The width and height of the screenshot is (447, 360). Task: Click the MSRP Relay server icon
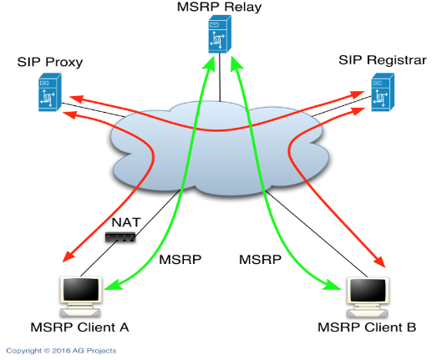coord(220,34)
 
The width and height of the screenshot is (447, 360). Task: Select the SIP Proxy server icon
coord(50,92)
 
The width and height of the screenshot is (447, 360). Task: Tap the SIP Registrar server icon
coord(383,92)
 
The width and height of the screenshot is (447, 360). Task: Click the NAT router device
coord(120,237)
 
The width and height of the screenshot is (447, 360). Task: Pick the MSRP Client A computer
coord(81,297)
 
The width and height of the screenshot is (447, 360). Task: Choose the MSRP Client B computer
coord(368,297)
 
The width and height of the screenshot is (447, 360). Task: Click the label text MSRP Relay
coord(219,8)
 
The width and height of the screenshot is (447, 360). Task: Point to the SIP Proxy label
coord(50,62)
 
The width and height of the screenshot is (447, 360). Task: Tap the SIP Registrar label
coord(383,60)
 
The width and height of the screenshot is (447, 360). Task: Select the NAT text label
coord(126,223)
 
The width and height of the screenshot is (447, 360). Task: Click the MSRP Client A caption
coord(79,327)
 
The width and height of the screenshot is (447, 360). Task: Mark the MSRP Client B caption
coord(367,327)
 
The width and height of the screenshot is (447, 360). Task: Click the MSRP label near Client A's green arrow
coord(180,260)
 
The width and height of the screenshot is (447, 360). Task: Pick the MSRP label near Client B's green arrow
coord(261,260)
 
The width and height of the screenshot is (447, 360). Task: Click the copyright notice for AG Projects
coord(61,351)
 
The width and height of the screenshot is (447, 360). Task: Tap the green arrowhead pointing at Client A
coord(113,286)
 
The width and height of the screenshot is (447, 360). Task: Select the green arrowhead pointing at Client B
coord(333,286)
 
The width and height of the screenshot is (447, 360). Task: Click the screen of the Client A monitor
coord(81,289)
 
